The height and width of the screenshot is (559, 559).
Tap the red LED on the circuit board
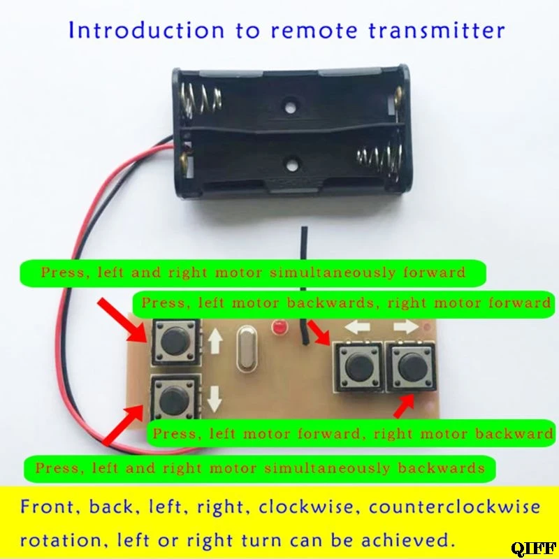[280, 327]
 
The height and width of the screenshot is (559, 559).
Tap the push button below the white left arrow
[360, 364]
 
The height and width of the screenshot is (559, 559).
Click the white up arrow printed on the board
[215, 341]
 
